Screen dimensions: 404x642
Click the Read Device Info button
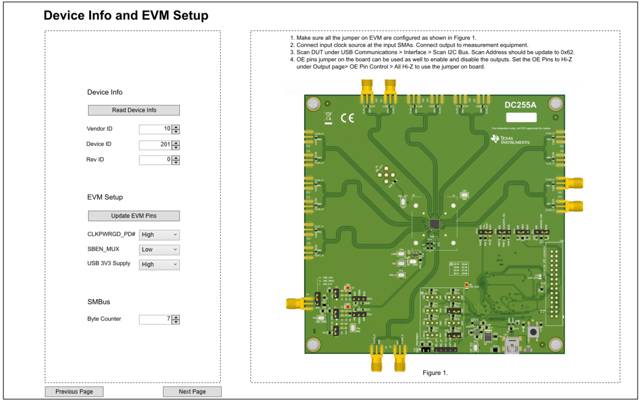(134, 110)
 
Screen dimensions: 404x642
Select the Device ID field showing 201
(155, 145)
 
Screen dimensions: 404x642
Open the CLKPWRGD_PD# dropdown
(159, 235)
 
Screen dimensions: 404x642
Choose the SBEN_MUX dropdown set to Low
(159, 250)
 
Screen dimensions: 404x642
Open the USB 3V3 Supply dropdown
(159, 265)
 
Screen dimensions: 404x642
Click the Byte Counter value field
(155, 319)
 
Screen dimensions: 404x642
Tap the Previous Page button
(74, 391)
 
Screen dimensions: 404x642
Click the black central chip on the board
(434, 224)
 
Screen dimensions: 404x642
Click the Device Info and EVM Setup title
(126, 15)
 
